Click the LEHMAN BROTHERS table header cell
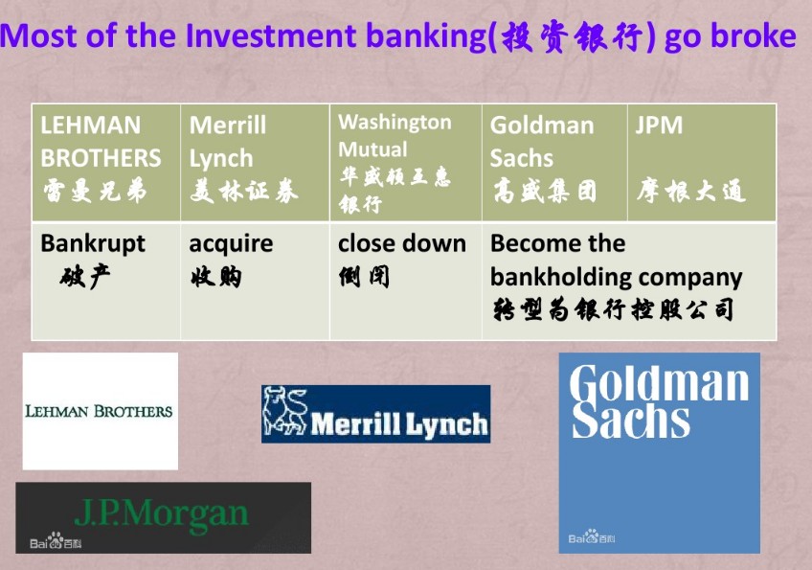(x=106, y=163)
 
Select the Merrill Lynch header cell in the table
(x=255, y=163)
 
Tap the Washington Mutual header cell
(x=405, y=163)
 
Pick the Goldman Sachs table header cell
(x=554, y=163)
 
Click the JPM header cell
(x=702, y=163)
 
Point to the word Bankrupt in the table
(x=93, y=244)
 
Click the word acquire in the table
(x=231, y=244)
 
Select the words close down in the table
(x=402, y=243)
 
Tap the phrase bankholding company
(x=617, y=278)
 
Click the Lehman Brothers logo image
(x=100, y=411)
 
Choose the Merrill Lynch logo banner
(x=376, y=414)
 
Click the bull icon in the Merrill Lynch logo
(x=284, y=411)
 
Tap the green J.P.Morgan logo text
(x=162, y=514)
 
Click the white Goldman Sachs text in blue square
(x=659, y=402)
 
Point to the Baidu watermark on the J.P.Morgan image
(x=56, y=541)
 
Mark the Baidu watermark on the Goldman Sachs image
(x=592, y=537)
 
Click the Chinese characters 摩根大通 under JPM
(x=691, y=191)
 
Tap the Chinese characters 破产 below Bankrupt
(x=85, y=277)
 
